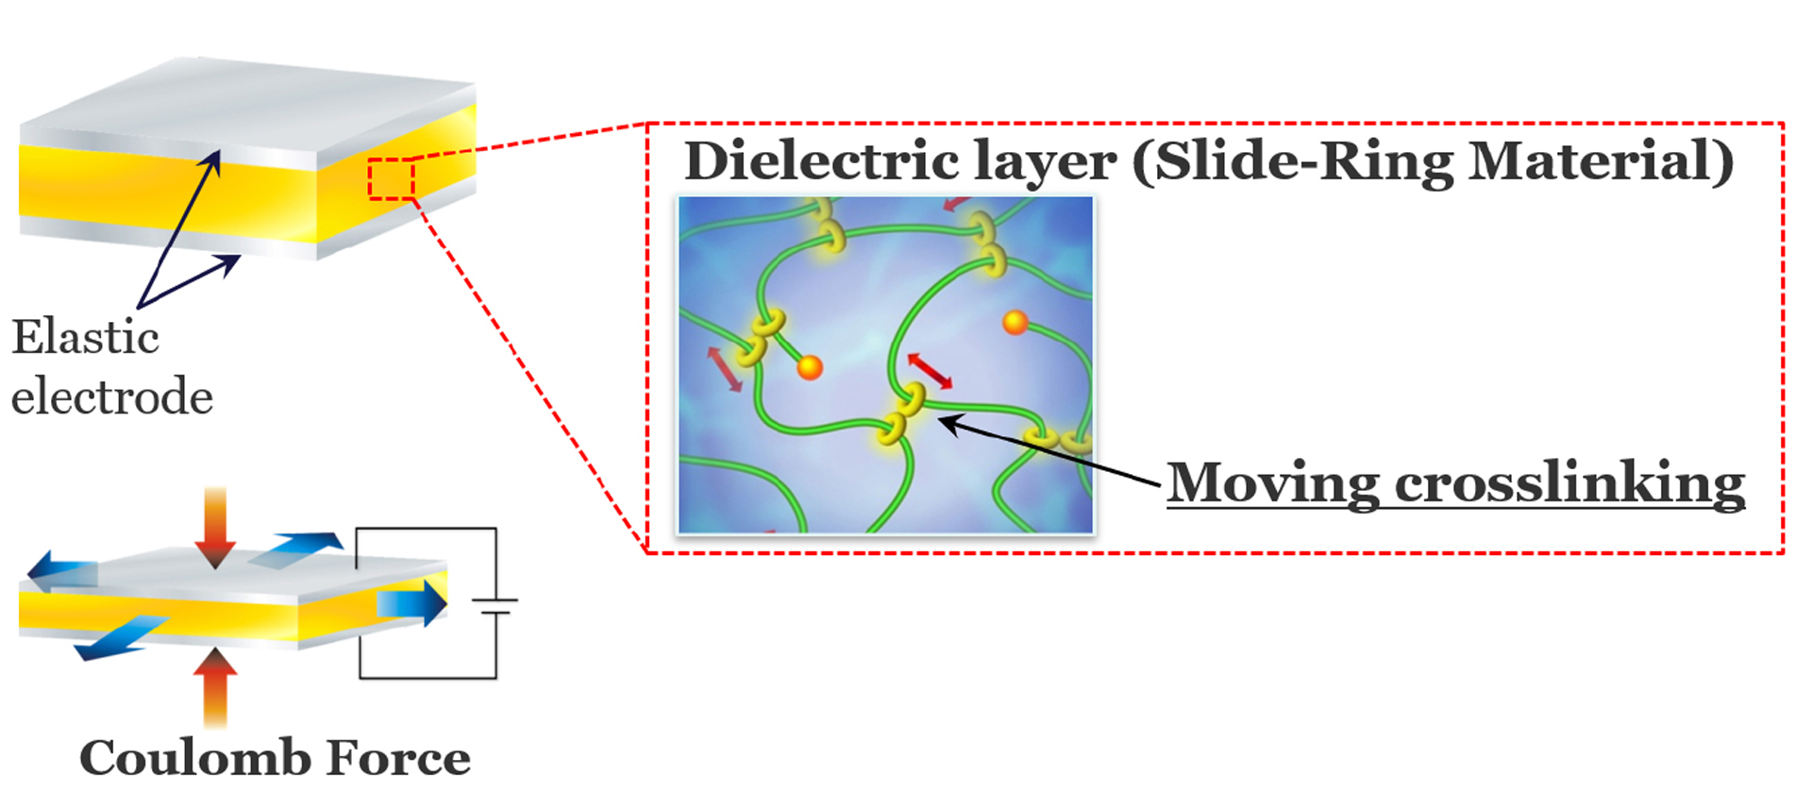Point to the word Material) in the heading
point(1602,160)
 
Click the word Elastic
point(85,337)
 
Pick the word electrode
point(111,397)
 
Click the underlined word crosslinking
point(1569,483)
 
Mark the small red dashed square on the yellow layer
point(391,179)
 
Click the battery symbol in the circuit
point(495,606)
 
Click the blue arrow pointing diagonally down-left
point(118,639)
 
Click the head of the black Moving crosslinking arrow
point(947,423)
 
